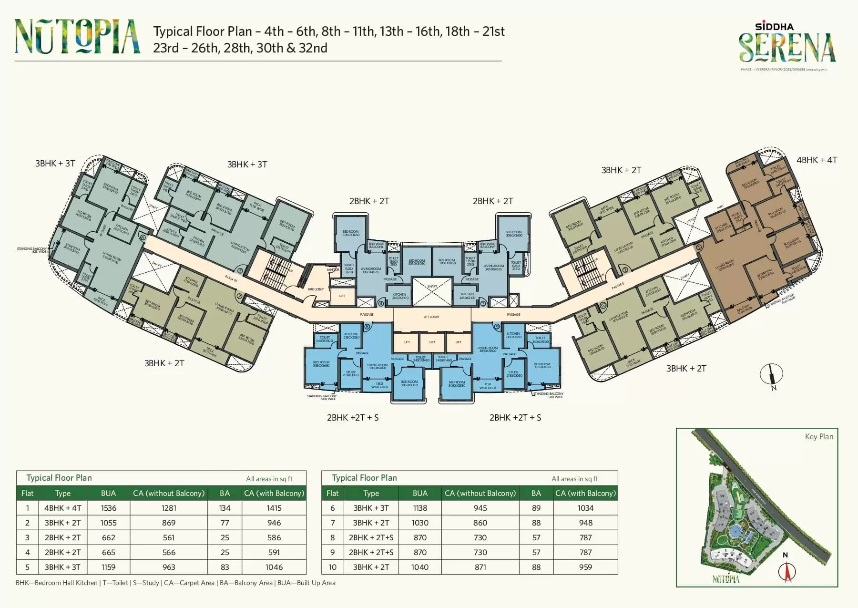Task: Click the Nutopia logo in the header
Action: click(x=77, y=36)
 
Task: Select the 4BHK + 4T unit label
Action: click(x=817, y=160)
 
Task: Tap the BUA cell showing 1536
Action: click(x=109, y=508)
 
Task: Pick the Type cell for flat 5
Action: click(x=62, y=567)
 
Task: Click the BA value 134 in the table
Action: click(x=225, y=508)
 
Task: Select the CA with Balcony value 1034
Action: click(x=585, y=508)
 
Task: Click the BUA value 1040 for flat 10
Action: click(x=420, y=567)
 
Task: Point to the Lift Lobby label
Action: click(x=431, y=317)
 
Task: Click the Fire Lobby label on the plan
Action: click(x=316, y=289)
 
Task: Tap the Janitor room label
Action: click(x=333, y=269)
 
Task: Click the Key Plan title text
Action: click(x=819, y=436)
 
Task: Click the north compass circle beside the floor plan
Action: click(x=772, y=374)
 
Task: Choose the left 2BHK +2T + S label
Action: click(x=353, y=417)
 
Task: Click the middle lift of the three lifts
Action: click(x=432, y=342)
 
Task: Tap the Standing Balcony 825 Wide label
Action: click(x=32, y=249)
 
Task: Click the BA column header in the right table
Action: click(x=536, y=493)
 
